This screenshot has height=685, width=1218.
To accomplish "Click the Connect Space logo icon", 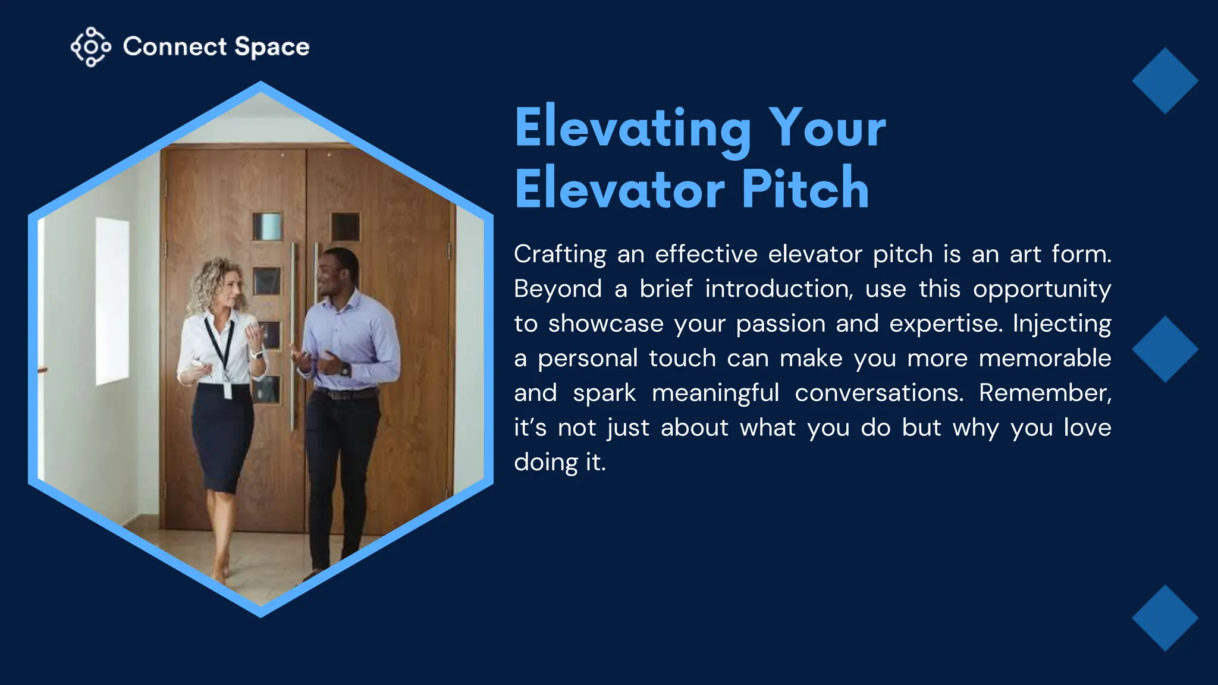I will [x=90, y=46].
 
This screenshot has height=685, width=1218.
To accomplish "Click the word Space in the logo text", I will [x=272, y=47].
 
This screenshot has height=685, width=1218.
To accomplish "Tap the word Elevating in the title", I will [x=633, y=128].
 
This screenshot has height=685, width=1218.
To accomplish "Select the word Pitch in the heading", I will [x=805, y=189].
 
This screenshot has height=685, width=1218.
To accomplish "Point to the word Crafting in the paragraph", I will [x=560, y=254].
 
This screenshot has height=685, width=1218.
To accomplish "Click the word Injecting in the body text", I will [x=1062, y=324].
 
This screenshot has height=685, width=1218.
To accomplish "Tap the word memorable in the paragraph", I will [x=1044, y=359].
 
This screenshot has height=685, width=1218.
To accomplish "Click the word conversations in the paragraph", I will [x=878, y=393].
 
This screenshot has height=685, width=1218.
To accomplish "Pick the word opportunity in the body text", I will [x=1041, y=290].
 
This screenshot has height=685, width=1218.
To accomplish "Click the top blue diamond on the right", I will [x=1164, y=81].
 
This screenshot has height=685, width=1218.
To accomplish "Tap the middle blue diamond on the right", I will [x=1164, y=349].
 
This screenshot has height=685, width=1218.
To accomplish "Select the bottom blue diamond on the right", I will [x=1164, y=618].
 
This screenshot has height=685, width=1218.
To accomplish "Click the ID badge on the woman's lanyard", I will [x=227, y=391].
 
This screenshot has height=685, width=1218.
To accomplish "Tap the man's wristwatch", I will [x=346, y=369].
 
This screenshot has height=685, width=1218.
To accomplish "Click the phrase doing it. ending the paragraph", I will [x=560, y=463].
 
